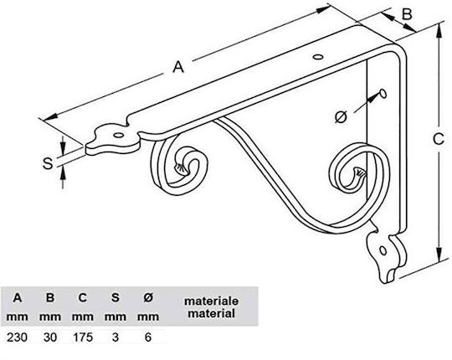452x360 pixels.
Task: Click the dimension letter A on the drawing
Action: [x=178, y=67]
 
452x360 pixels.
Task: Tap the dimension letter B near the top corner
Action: [x=407, y=14]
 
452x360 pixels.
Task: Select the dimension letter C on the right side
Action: [x=439, y=139]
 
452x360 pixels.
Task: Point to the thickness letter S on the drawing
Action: [x=48, y=163]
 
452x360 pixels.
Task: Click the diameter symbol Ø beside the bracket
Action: [x=341, y=117]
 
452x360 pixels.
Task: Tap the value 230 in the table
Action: [x=17, y=337]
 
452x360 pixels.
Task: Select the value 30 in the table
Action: [x=50, y=337]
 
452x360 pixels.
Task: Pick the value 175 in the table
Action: [x=83, y=337]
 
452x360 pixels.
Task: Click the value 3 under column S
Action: [x=116, y=337]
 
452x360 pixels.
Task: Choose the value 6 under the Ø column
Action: [x=148, y=337]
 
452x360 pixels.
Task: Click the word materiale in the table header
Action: [x=211, y=301]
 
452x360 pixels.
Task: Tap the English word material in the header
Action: [x=211, y=314]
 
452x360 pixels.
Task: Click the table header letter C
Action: [x=83, y=297]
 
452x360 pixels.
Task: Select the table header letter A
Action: [x=18, y=297]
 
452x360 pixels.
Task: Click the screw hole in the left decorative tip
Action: [x=118, y=135]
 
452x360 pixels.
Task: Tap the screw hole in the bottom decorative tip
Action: [x=383, y=250]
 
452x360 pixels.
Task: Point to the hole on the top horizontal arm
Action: [x=318, y=57]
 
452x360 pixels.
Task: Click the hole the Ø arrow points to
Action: [x=383, y=94]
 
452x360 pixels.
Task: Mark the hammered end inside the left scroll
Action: [x=181, y=168]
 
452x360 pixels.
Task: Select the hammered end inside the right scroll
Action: [x=359, y=173]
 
